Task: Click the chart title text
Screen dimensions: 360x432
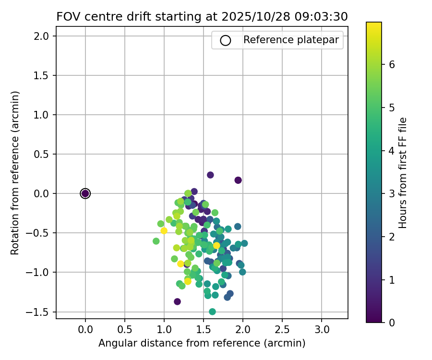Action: pyautogui.click(x=202, y=16)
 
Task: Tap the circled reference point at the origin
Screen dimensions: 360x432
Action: pyautogui.click(x=85, y=193)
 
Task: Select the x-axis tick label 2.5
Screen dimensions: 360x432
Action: pyautogui.click(x=282, y=330)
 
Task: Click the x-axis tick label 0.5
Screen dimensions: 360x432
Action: pyautogui.click(x=125, y=330)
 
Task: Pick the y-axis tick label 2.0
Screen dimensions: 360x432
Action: pyautogui.click(x=44, y=36)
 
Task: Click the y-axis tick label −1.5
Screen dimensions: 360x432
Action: pyautogui.click(x=42, y=312)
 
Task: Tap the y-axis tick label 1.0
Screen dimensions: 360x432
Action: pyautogui.click(x=44, y=115)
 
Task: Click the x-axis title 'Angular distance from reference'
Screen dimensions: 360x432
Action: pyautogui.click(x=202, y=343)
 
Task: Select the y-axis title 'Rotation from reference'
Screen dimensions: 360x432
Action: pyautogui.click(x=15, y=173)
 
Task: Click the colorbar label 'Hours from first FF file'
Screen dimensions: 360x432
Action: pyautogui.click(x=404, y=173)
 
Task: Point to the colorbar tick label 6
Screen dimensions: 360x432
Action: pyautogui.click(x=392, y=65)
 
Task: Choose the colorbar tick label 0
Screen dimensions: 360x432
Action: pyautogui.click(x=392, y=322)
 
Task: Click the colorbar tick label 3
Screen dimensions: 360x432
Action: pyautogui.click(x=392, y=193)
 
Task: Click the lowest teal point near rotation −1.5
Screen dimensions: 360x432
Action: pyautogui.click(x=212, y=312)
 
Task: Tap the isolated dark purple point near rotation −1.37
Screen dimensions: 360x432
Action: pyautogui.click(x=177, y=301)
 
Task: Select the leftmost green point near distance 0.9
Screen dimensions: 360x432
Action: pyautogui.click(x=156, y=241)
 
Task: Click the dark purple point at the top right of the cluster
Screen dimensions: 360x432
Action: pyautogui.click(x=238, y=180)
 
